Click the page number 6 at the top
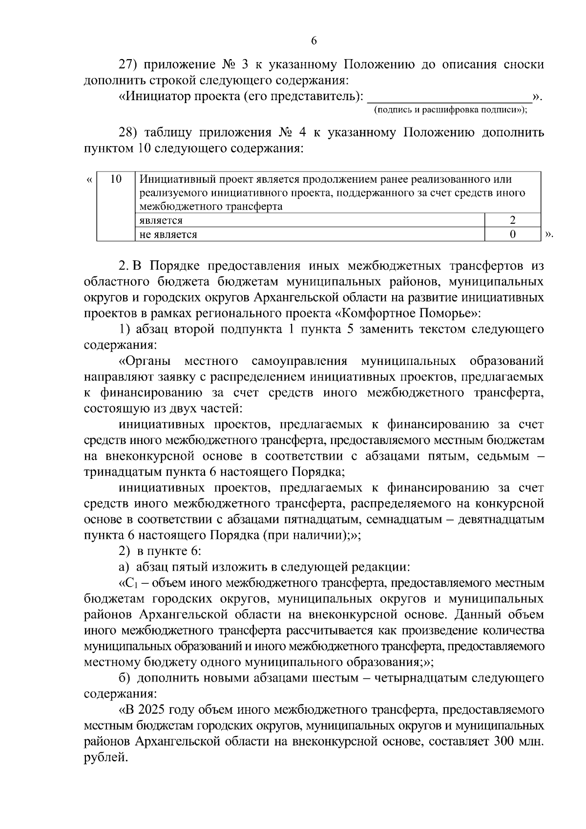314,41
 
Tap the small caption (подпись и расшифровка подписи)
450,110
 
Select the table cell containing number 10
116,179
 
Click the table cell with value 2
512,220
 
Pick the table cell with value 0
512,234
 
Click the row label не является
168,234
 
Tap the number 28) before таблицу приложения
130,133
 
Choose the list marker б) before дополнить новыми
125,679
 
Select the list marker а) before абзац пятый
124,567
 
